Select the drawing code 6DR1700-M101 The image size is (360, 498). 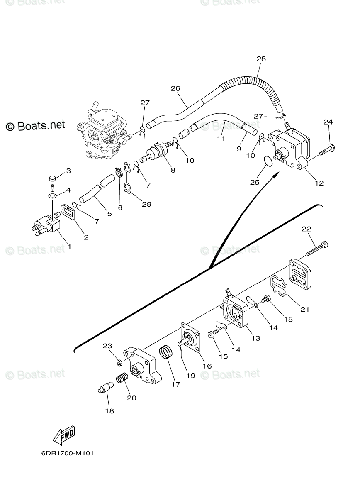[67, 453]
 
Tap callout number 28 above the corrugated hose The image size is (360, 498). [261, 59]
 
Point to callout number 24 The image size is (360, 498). [328, 122]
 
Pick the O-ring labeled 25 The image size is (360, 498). [268, 161]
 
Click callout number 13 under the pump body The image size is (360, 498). [255, 338]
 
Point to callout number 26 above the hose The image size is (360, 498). [175, 88]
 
